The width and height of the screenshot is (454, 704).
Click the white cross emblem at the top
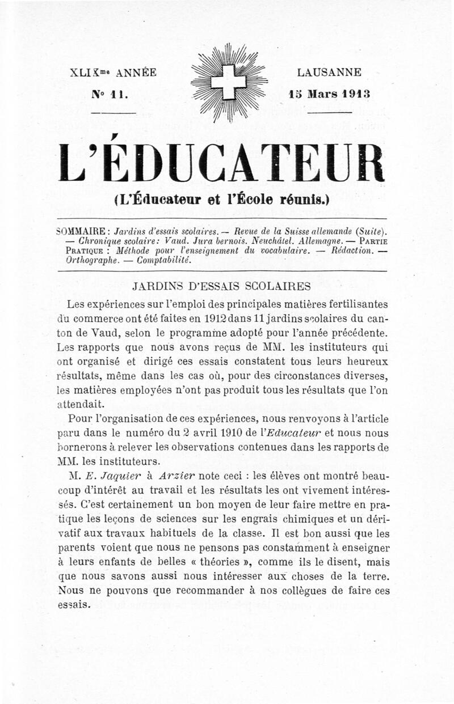[x=228, y=82]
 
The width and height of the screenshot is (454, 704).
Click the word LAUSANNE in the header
[x=329, y=73]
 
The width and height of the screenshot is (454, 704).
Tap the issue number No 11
[x=109, y=94]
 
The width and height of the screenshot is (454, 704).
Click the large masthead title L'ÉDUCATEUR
[x=222, y=164]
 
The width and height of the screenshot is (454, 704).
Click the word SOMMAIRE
[x=83, y=231]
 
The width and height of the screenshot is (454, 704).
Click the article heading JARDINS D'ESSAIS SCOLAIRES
[x=221, y=286]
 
